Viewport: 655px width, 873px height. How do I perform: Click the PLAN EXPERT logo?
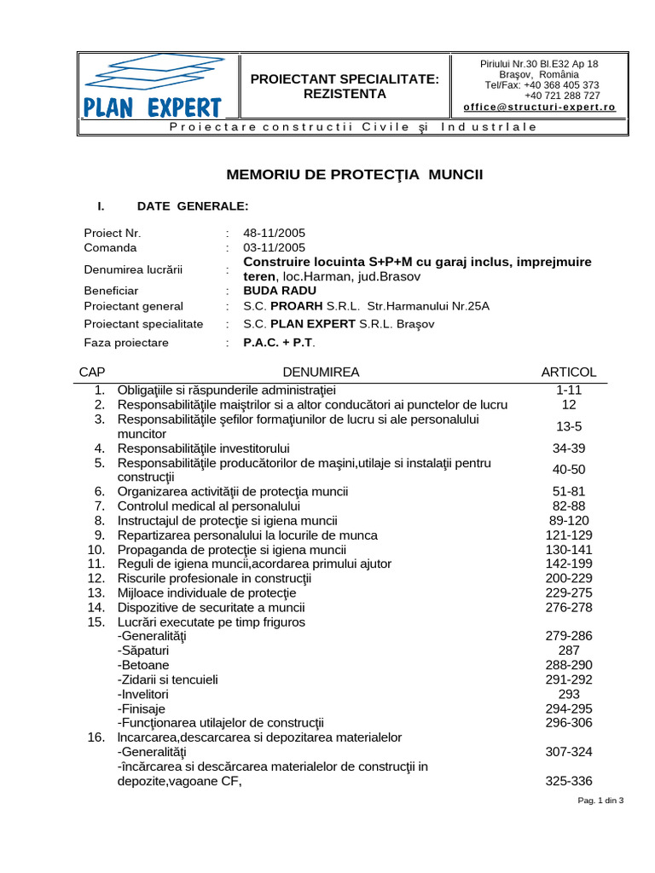[x=154, y=85]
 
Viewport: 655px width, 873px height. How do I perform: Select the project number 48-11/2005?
[x=274, y=233]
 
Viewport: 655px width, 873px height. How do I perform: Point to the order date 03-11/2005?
[x=274, y=247]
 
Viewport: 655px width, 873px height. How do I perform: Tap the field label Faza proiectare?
[x=126, y=343]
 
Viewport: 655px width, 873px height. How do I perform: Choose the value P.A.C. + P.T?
[x=279, y=343]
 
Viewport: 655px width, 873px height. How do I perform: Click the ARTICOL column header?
[x=569, y=372]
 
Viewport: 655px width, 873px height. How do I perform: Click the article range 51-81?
[x=569, y=491]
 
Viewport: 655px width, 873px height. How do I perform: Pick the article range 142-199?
[x=569, y=564]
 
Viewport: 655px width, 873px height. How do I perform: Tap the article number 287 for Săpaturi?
[x=569, y=650]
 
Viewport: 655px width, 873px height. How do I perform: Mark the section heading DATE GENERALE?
[x=193, y=206]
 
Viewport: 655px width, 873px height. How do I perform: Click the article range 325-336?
[x=569, y=781]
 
